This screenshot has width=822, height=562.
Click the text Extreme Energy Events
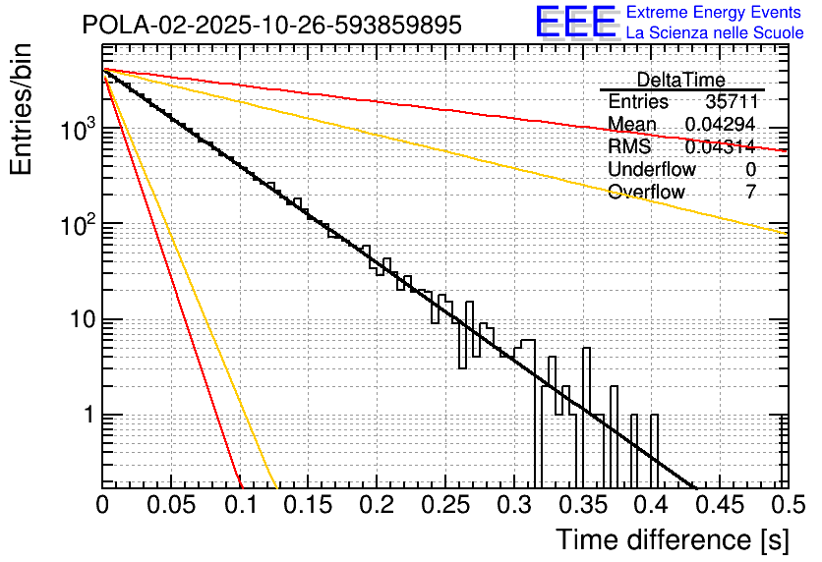[715, 14]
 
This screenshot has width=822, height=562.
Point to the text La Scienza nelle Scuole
[715, 33]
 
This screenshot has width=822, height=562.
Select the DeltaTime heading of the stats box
[680, 80]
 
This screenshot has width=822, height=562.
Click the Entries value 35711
[731, 102]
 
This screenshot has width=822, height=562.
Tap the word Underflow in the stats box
[652, 169]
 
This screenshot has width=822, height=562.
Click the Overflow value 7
[751, 192]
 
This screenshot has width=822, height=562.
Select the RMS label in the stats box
[629, 146]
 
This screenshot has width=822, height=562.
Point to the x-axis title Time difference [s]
[673, 539]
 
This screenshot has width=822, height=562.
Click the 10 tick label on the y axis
[81, 320]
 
